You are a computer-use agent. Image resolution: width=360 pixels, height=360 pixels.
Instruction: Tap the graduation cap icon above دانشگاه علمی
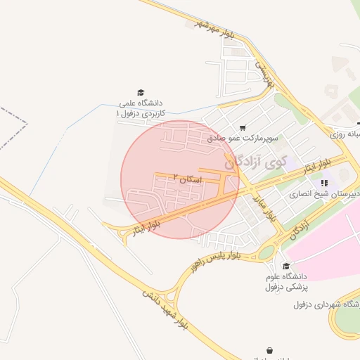coord(141,93)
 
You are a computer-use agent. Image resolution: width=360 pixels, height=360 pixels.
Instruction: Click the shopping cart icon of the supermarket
coord(243,128)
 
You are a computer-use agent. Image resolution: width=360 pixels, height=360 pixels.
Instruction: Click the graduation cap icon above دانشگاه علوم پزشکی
coord(285,266)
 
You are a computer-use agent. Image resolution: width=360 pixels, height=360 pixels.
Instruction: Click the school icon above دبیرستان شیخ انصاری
coord(324,183)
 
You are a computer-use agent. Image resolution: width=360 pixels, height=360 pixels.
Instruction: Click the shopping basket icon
coord(270,349)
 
